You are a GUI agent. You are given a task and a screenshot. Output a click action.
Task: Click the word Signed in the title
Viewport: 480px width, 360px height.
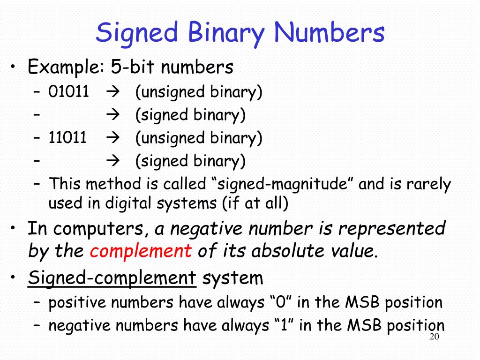coord(137,33)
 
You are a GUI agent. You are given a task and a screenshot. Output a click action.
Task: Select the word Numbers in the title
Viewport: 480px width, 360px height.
coord(330,33)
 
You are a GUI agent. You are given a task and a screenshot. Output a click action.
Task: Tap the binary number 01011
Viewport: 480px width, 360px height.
coord(68,92)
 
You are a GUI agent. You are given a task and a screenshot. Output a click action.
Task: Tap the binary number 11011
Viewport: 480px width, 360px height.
coord(68,138)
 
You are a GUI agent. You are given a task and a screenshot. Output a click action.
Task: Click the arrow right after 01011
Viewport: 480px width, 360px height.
coord(113,92)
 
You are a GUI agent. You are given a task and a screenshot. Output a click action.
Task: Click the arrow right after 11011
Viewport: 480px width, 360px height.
coord(113,138)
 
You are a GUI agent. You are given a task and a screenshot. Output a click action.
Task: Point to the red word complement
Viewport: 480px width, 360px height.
coord(141,252)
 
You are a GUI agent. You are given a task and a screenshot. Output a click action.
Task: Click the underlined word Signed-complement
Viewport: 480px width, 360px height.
coord(112,278)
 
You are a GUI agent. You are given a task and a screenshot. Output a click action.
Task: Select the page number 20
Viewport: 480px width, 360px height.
coord(434,338)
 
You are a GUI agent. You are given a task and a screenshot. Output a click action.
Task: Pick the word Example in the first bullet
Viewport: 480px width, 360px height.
coord(63,67)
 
